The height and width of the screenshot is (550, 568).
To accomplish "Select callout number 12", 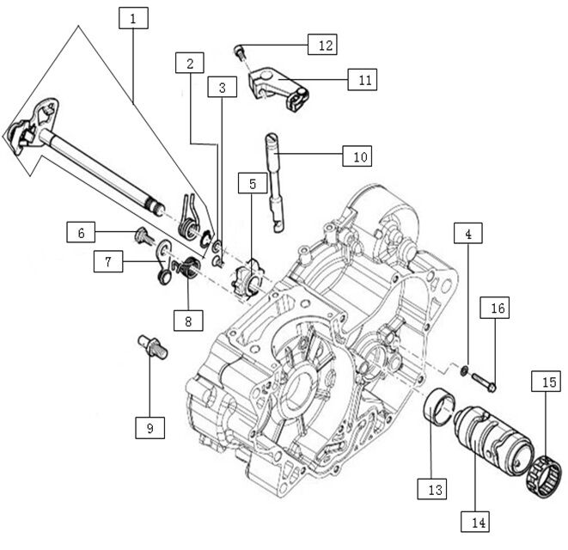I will pos(323,44).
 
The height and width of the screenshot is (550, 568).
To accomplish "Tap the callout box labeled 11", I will pos(363,79).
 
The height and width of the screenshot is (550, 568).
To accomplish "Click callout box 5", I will pos(253,185).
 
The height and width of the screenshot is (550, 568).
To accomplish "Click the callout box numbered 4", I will pos(467,234).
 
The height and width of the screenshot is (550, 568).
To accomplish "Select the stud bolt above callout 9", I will pos(151,345).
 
